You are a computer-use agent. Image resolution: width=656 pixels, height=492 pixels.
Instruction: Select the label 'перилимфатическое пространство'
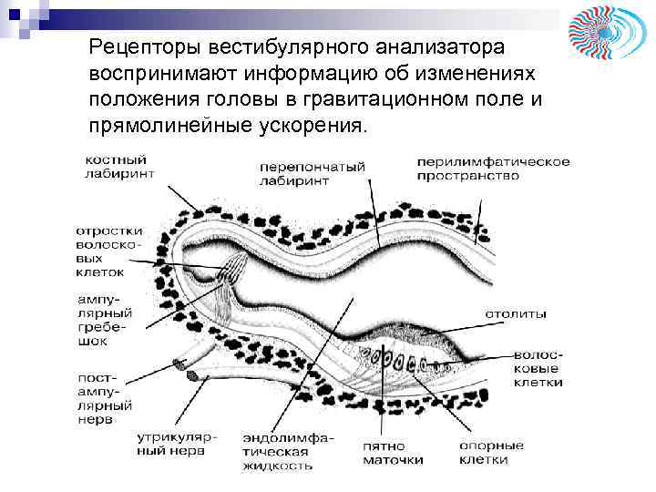coord(493,169)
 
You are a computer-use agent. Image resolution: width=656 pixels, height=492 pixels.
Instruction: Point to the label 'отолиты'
coord(516,314)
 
